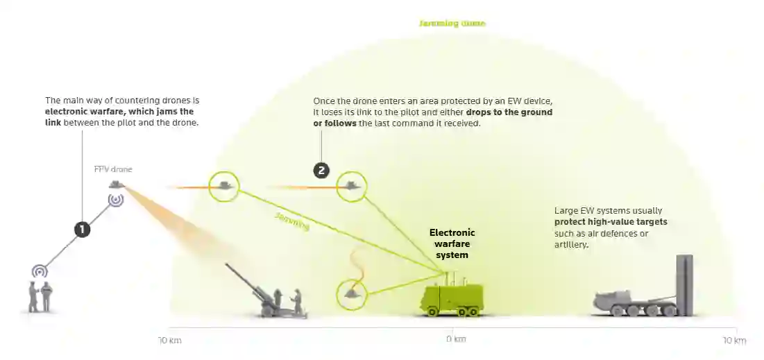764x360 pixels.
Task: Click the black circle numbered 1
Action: tap(83, 230)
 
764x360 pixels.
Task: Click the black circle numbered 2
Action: tap(321, 169)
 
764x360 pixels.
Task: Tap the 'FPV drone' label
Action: tap(112, 169)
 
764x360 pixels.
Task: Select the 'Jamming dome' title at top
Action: tap(452, 24)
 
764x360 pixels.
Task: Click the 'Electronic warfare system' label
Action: tap(452, 243)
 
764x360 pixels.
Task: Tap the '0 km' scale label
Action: tap(455, 340)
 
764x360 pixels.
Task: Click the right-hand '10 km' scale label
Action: tap(734, 341)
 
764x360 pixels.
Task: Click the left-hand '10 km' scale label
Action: tap(169, 341)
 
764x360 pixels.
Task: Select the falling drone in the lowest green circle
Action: tap(353, 293)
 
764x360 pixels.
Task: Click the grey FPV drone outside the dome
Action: tap(116, 184)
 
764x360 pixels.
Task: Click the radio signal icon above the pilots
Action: tap(40, 271)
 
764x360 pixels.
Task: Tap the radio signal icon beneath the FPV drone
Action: tap(116, 200)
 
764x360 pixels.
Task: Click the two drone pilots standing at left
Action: tap(40, 297)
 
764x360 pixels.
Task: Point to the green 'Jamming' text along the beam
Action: tap(291, 222)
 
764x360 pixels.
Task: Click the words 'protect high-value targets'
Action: tap(611, 222)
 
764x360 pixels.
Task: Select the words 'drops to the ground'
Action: tap(509, 112)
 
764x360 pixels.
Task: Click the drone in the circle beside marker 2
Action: tap(352, 186)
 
